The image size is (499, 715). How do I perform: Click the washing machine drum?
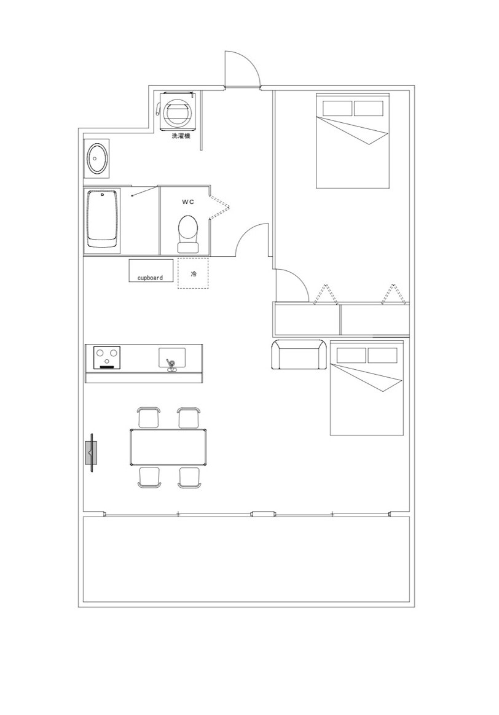(x=176, y=112)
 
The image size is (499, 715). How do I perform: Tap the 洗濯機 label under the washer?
(x=181, y=136)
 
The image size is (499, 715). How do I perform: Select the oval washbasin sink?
(x=96, y=158)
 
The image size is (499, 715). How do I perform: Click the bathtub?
(x=103, y=219)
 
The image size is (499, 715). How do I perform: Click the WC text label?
(x=188, y=201)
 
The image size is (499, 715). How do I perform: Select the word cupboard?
(x=150, y=278)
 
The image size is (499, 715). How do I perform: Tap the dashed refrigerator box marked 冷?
(x=193, y=273)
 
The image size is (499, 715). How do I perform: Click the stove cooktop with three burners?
(x=107, y=357)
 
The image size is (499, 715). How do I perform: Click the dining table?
(x=168, y=447)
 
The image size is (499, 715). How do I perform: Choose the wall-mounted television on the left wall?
(x=92, y=453)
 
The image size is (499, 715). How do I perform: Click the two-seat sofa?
(x=299, y=354)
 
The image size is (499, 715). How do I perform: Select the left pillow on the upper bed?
(x=337, y=109)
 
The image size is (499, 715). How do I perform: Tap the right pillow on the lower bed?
(x=382, y=356)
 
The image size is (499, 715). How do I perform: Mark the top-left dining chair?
(x=149, y=418)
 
